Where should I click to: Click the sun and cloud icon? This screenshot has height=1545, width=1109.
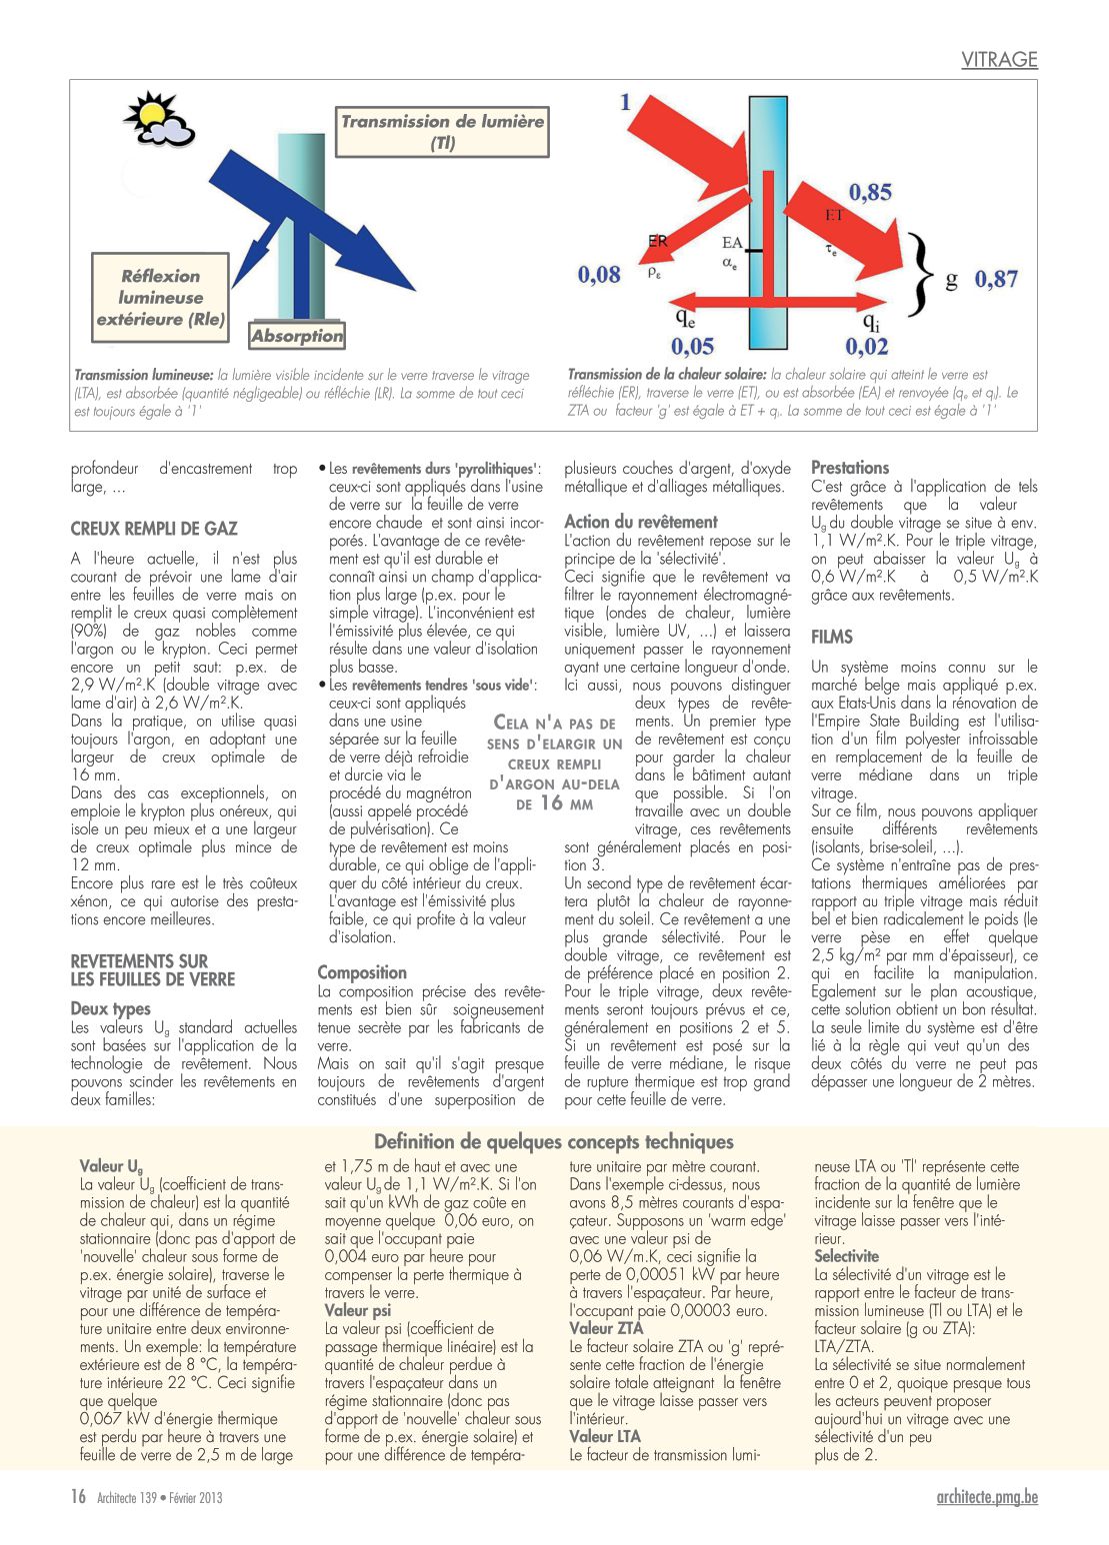pos(157,118)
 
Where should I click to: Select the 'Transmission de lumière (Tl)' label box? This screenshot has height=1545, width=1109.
pos(443,132)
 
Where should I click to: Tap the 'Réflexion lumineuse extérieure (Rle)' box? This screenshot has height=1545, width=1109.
pos(160,298)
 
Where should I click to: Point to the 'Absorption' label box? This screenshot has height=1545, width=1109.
pos(297,336)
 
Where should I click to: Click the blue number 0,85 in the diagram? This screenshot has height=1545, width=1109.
pos(870,191)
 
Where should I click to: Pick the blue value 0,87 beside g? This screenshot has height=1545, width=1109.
pos(996,279)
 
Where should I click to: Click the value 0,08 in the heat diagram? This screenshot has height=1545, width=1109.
pos(599,274)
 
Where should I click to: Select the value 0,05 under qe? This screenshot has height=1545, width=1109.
pos(692,346)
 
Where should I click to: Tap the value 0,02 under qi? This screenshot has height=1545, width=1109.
pos(866,346)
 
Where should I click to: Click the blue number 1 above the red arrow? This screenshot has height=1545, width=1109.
pos(626,102)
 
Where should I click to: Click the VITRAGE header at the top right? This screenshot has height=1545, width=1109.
pos(999,59)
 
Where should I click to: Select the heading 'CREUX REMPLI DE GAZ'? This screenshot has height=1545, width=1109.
pos(154,529)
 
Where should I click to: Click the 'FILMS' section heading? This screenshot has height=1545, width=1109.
pos(832,637)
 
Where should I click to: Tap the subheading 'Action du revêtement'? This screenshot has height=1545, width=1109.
pos(641,522)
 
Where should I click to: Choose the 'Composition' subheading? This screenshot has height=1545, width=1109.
pos(362,972)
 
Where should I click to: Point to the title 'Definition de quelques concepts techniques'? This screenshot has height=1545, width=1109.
pos(554,1141)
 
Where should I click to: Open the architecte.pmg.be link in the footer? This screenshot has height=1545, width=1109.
pos(987,1496)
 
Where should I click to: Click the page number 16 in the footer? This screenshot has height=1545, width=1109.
pos(78,1496)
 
